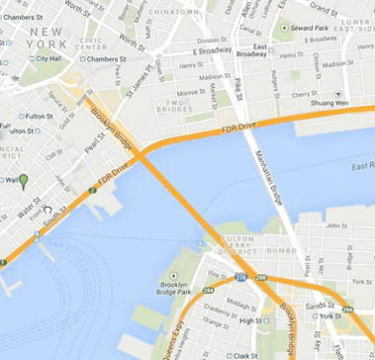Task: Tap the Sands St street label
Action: [321, 307]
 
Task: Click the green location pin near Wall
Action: [24, 180]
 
